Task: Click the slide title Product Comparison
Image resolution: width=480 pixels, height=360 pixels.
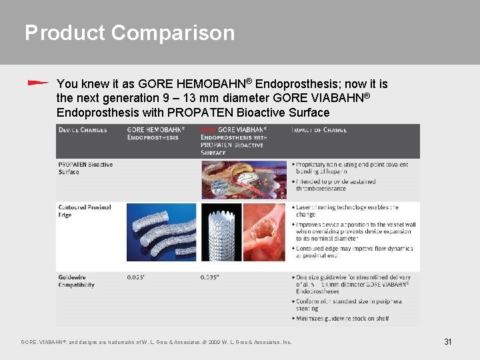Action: click(x=129, y=33)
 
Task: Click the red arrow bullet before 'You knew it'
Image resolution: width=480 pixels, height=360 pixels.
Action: click(x=38, y=83)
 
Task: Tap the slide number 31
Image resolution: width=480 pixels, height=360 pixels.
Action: click(x=448, y=342)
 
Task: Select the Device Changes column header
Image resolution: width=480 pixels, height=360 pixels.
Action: click(x=83, y=130)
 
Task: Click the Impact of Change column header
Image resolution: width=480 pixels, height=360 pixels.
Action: click(x=319, y=130)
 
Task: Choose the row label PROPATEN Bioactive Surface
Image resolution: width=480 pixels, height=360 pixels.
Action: click(x=85, y=168)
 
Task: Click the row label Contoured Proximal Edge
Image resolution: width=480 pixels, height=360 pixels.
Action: click(x=84, y=211)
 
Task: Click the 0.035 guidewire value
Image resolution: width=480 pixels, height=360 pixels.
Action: click(x=211, y=277)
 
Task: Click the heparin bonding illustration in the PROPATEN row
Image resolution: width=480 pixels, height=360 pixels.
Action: click(x=243, y=179)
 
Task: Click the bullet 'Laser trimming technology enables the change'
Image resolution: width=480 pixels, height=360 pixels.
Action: click(x=347, y=211)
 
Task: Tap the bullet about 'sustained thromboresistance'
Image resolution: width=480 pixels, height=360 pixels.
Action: click(x=336, y=185)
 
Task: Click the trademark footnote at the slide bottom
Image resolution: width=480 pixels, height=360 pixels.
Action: click(x=156, y=343)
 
